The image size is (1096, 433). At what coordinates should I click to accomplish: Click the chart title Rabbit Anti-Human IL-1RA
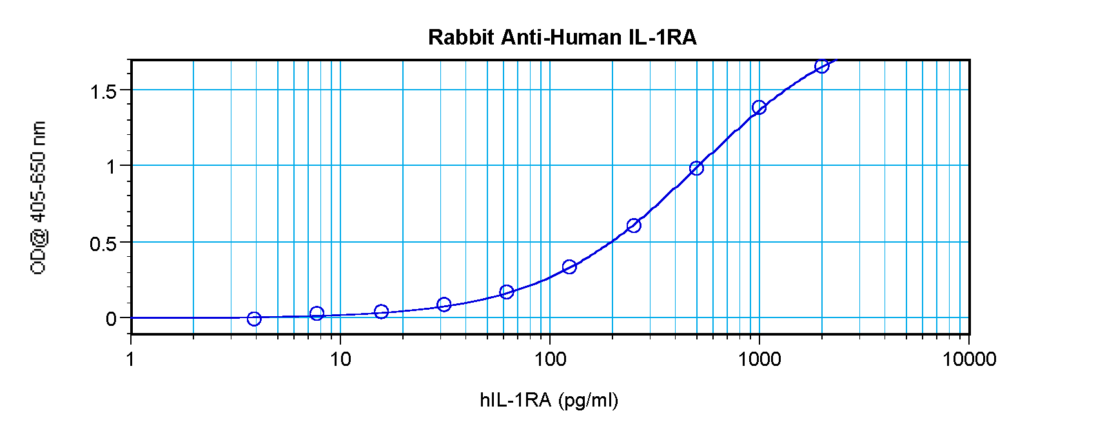coord(562,37)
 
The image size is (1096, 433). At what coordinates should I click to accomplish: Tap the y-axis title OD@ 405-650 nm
coord(38,197)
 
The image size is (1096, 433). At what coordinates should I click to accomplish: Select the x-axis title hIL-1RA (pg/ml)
coord(549,400)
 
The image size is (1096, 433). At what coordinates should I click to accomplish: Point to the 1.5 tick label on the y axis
coord(103,92)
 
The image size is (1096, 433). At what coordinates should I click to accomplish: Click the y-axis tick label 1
coord(112,166)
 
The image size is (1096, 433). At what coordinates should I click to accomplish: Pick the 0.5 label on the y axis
coord(103,244)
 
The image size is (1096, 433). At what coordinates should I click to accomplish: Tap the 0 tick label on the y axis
coord(112,319)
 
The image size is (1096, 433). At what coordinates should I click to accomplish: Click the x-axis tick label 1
coord(131,359)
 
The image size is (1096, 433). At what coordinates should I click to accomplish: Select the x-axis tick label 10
coord(340,359)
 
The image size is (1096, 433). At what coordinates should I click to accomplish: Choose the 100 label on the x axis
coord(550,359)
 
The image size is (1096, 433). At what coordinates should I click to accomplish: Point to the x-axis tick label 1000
coord(759,359)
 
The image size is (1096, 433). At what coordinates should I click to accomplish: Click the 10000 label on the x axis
coord(969,359)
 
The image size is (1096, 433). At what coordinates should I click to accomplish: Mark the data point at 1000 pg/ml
coord(759,107)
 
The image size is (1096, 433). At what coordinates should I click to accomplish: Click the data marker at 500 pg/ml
coord(696,168)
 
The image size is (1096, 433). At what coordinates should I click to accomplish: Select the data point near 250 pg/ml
coord(634,225)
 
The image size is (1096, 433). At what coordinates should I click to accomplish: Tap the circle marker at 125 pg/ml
coord(569,267)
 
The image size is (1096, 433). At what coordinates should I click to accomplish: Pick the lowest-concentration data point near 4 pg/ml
coord(254,319)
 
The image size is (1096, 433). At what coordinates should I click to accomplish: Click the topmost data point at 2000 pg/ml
coord(821,66)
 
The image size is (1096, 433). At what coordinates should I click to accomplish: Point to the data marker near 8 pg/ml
coord(317,314)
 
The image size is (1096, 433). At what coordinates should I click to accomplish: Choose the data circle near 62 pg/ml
coord(507,292)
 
